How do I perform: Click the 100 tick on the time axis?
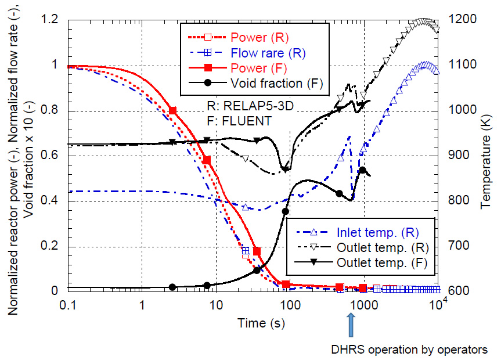pos(290,304)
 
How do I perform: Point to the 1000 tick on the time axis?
pos(363,304)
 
